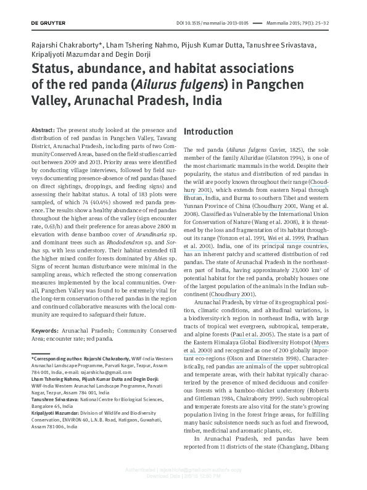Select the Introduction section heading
point(208,132)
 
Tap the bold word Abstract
point(43,131)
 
